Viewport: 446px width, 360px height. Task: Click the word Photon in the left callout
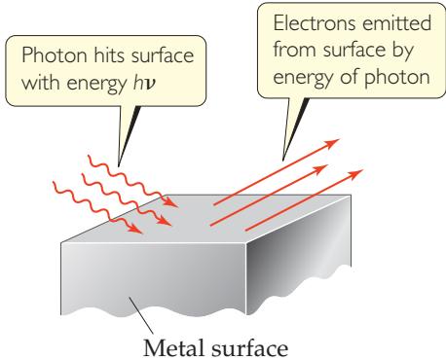(x=55, y=55)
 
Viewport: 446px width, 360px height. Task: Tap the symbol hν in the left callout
(x=144, y=83)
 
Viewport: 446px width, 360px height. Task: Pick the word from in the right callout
(x=295, y=50)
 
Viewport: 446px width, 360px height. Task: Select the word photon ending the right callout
(x=397, y=78)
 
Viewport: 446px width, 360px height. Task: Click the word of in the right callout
(x=349, y=77)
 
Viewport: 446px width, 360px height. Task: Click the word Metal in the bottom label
(x=173, y=348)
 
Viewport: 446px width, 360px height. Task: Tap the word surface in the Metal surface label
(x=249, y=349)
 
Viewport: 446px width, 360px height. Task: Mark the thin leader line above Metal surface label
(x=141, y=315)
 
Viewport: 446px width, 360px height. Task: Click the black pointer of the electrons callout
(x=294, y=129)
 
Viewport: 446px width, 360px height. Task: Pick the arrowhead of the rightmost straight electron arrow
(x=355, y=174)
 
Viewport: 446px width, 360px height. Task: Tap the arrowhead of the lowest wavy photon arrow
(x=135, y=229)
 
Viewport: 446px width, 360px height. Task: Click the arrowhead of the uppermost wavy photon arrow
(x=171, y=202)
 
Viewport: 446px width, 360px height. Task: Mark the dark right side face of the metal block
(x=299, y=255)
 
